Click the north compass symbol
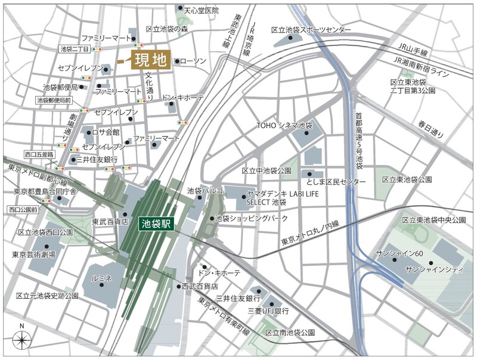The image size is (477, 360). click(22, 340)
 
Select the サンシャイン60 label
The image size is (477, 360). click(399, 253)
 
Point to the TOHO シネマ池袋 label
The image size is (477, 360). click(284, 126)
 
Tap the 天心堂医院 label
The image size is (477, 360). click(201, 11)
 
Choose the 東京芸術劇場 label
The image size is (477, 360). click(34, 255)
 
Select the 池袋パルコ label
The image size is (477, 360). click(205, 191)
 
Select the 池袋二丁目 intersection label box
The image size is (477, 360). click(75, 49)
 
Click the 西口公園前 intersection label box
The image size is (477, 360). click(24, 210)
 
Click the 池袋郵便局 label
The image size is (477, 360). click(60, 87)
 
